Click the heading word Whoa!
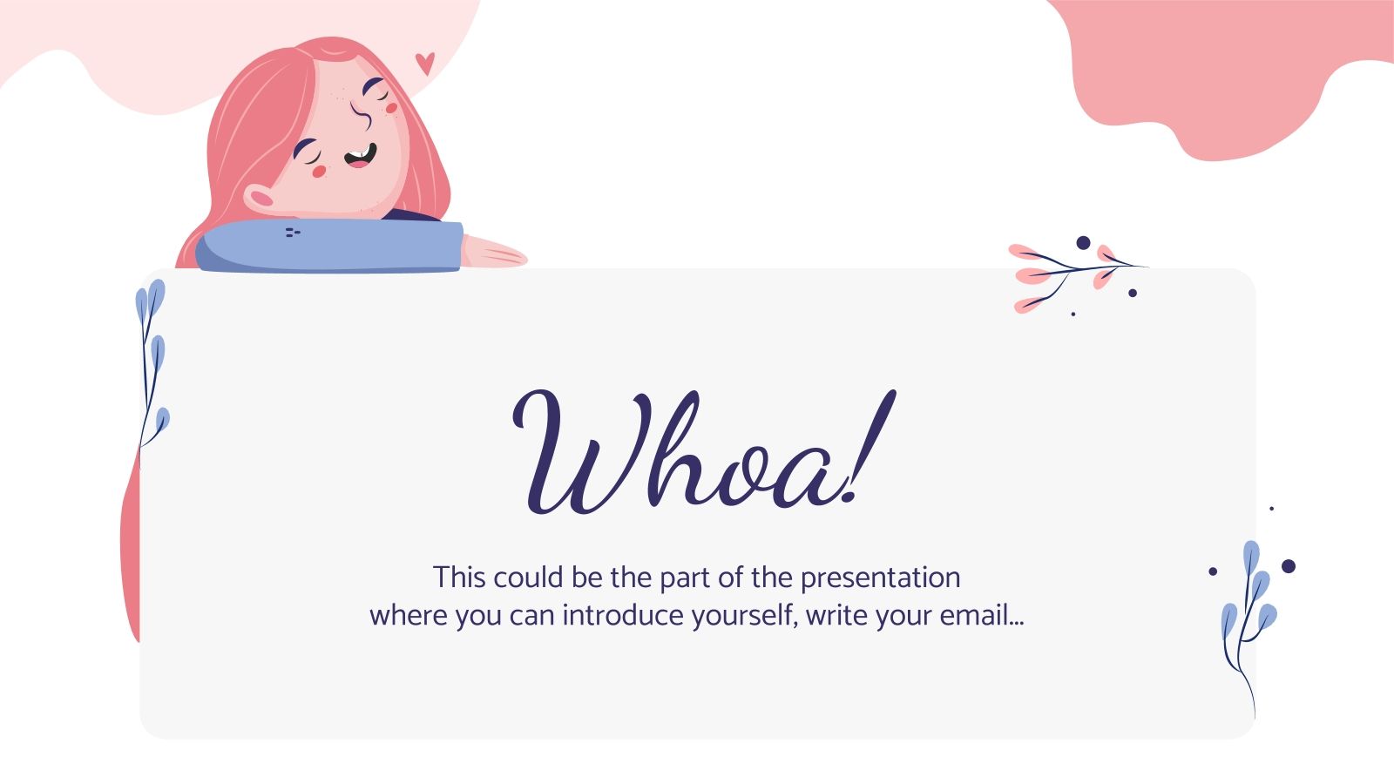[701, 453]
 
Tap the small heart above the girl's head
[424, 63]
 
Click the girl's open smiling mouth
[361, 156]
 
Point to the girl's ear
[261, 199]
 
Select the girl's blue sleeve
[331, 245]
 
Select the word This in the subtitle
[458, 578]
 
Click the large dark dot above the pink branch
[1083, 243]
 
